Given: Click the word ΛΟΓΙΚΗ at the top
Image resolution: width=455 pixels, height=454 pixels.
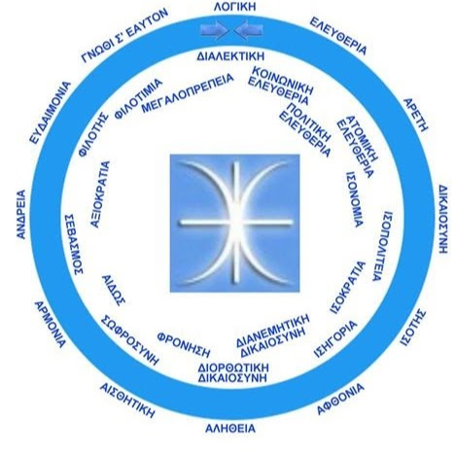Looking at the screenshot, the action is pos(234,7).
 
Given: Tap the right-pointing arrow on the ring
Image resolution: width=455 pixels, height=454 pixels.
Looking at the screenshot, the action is pos(215,30).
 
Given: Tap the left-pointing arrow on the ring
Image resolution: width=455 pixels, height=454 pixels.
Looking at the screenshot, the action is pos(249,30).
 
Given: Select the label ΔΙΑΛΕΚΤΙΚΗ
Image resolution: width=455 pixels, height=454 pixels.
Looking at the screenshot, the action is pos(230,56).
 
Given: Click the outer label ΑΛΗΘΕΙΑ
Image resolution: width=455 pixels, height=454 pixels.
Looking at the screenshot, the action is pos(230,429).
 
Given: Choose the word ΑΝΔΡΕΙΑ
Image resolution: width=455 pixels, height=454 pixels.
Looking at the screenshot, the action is pos(21,214).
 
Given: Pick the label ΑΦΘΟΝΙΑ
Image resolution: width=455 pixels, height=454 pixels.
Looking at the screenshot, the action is pos(340,399).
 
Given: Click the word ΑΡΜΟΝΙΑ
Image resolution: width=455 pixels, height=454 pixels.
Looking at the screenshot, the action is pos(51,325).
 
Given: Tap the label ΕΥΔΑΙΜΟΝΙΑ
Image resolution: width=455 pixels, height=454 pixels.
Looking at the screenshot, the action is pos(50,113).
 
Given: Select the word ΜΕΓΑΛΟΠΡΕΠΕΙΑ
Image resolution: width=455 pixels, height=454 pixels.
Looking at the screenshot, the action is pos(188,93).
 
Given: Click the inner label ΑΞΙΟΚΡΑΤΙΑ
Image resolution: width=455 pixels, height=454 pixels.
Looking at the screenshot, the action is pos(100,194).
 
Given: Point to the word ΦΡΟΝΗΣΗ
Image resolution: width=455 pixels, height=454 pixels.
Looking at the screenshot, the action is pos(184,344).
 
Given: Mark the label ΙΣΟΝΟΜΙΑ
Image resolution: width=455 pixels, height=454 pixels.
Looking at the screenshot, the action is pos(354,199).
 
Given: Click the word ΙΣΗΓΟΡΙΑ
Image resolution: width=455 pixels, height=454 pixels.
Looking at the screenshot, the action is pos(336,338).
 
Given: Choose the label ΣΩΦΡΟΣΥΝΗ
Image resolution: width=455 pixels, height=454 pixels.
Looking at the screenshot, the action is pos(130,340).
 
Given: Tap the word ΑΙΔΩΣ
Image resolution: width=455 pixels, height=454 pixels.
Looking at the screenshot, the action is pos(114,291).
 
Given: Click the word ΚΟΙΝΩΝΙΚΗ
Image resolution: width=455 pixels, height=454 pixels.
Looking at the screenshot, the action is pos(283,81).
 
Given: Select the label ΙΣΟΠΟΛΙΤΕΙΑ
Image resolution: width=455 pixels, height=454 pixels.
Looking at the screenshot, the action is pos(381,246).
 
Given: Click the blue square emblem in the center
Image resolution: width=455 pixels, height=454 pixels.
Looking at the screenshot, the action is pos(234,223).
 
